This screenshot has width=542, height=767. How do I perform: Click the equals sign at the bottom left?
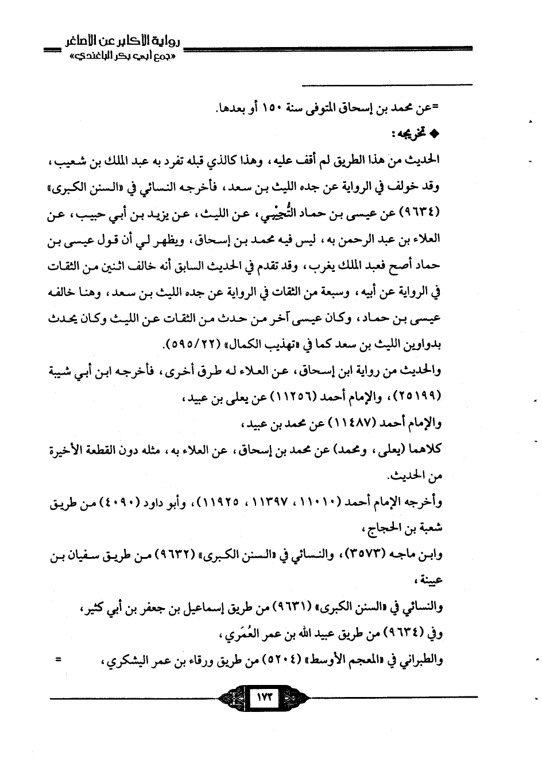pos(58,660)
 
